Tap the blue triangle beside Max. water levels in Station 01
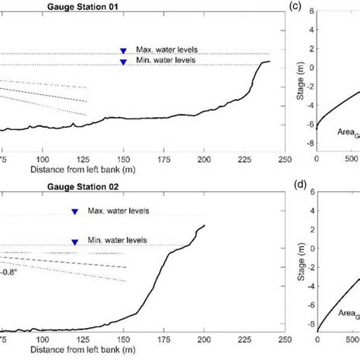[123, 51]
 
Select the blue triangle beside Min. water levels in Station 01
[123, 62]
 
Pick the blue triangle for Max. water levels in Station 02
[74, 213]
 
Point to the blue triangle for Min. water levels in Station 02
[74, 242]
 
